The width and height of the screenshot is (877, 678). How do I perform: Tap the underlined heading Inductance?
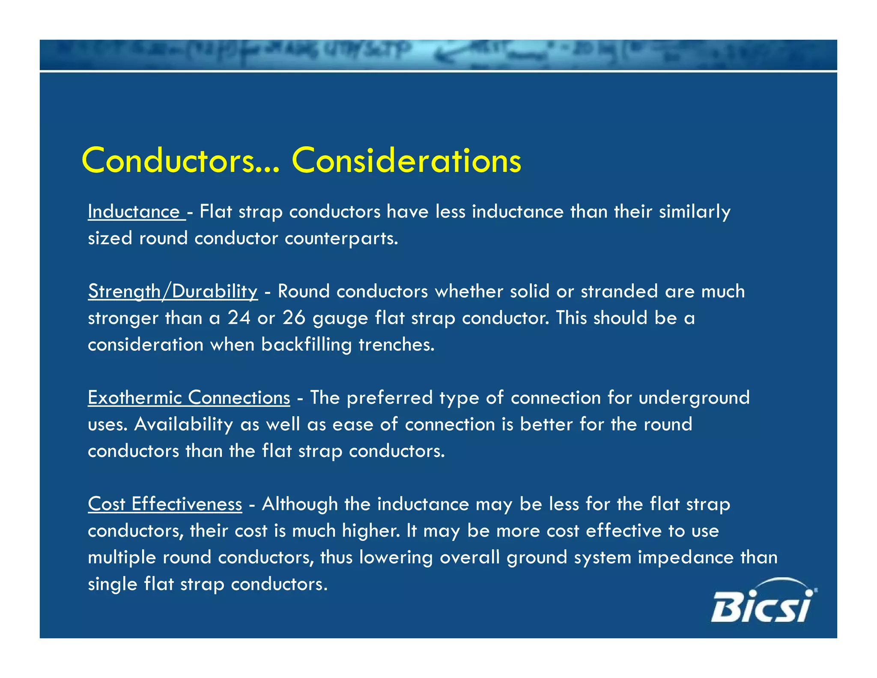point(134,212)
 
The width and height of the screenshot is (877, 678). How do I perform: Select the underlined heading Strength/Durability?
point(173,291)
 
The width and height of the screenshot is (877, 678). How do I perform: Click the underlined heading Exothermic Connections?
point(189,398)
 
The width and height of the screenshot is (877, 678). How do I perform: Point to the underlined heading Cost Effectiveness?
point(165,504)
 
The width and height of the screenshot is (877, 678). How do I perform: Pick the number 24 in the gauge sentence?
point(239,318)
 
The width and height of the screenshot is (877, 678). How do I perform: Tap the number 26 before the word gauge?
point(294,318)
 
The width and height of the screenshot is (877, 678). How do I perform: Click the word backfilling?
point(306,345)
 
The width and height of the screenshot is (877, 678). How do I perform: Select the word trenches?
point(396,345)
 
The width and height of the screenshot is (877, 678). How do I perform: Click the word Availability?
point(184,424)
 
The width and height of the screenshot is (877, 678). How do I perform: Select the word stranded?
point(619,291)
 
